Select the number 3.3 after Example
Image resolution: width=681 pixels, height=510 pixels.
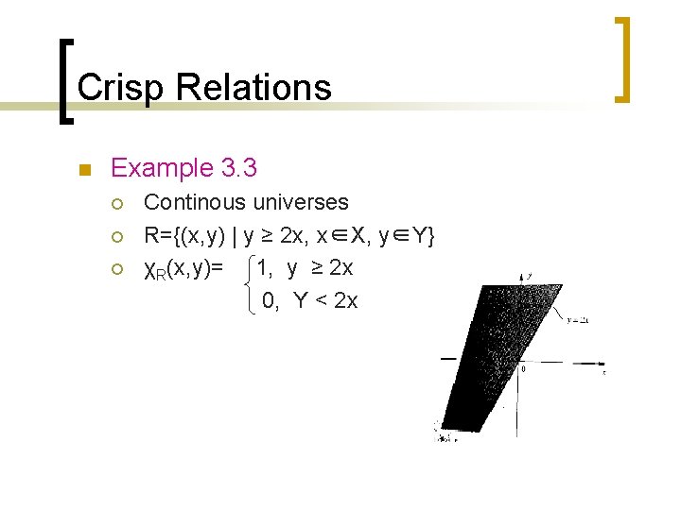click(x=238, y=169)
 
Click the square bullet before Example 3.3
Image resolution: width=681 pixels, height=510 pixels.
click(x=83, y=171)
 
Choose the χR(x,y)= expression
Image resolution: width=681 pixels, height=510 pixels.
click(x=183, y=269)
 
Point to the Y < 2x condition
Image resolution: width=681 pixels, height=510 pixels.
click(x=325, y=301)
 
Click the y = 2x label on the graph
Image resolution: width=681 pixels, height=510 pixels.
click(x=577, y=320)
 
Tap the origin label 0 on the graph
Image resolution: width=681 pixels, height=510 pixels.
click(x=523, y=368)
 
